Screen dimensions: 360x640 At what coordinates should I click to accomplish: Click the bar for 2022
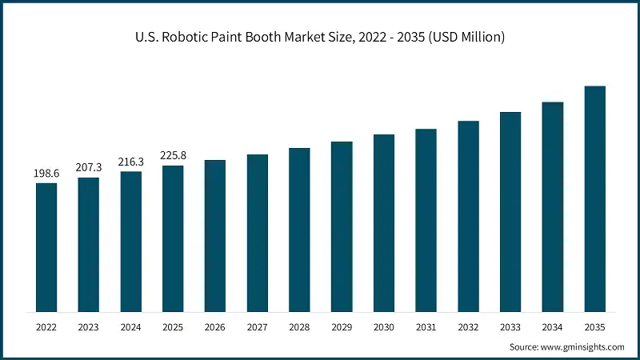[46, 247]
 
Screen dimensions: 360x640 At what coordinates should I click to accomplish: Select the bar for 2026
[215, 236]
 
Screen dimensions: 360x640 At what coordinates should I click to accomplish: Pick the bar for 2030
[384, 223]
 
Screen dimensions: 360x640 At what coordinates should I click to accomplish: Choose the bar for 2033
[510, 212]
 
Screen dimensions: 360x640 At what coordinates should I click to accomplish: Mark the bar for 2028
[299, 230]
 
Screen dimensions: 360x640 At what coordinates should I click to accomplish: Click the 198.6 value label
[46, 174]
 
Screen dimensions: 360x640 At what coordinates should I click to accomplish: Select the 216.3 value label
[131, 162]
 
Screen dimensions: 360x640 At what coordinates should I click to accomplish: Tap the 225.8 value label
[173, 156]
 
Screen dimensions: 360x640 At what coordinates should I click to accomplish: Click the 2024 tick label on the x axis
[131, 327]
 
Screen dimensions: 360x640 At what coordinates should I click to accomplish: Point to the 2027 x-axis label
[258, 327]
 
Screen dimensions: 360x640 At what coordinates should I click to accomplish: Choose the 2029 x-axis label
[342, 327]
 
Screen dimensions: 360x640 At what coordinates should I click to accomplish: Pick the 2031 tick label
[426, 327]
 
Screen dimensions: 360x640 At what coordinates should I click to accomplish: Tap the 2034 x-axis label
[552, 327]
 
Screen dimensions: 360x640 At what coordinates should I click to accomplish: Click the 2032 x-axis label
[468, 327]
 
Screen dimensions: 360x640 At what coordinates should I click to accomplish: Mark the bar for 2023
[89, 245]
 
